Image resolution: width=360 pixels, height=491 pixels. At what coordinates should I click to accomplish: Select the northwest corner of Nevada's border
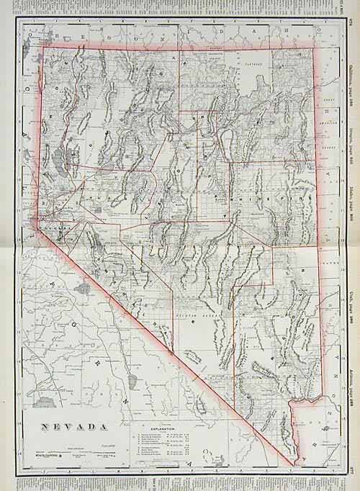click(x=44, y=48)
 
